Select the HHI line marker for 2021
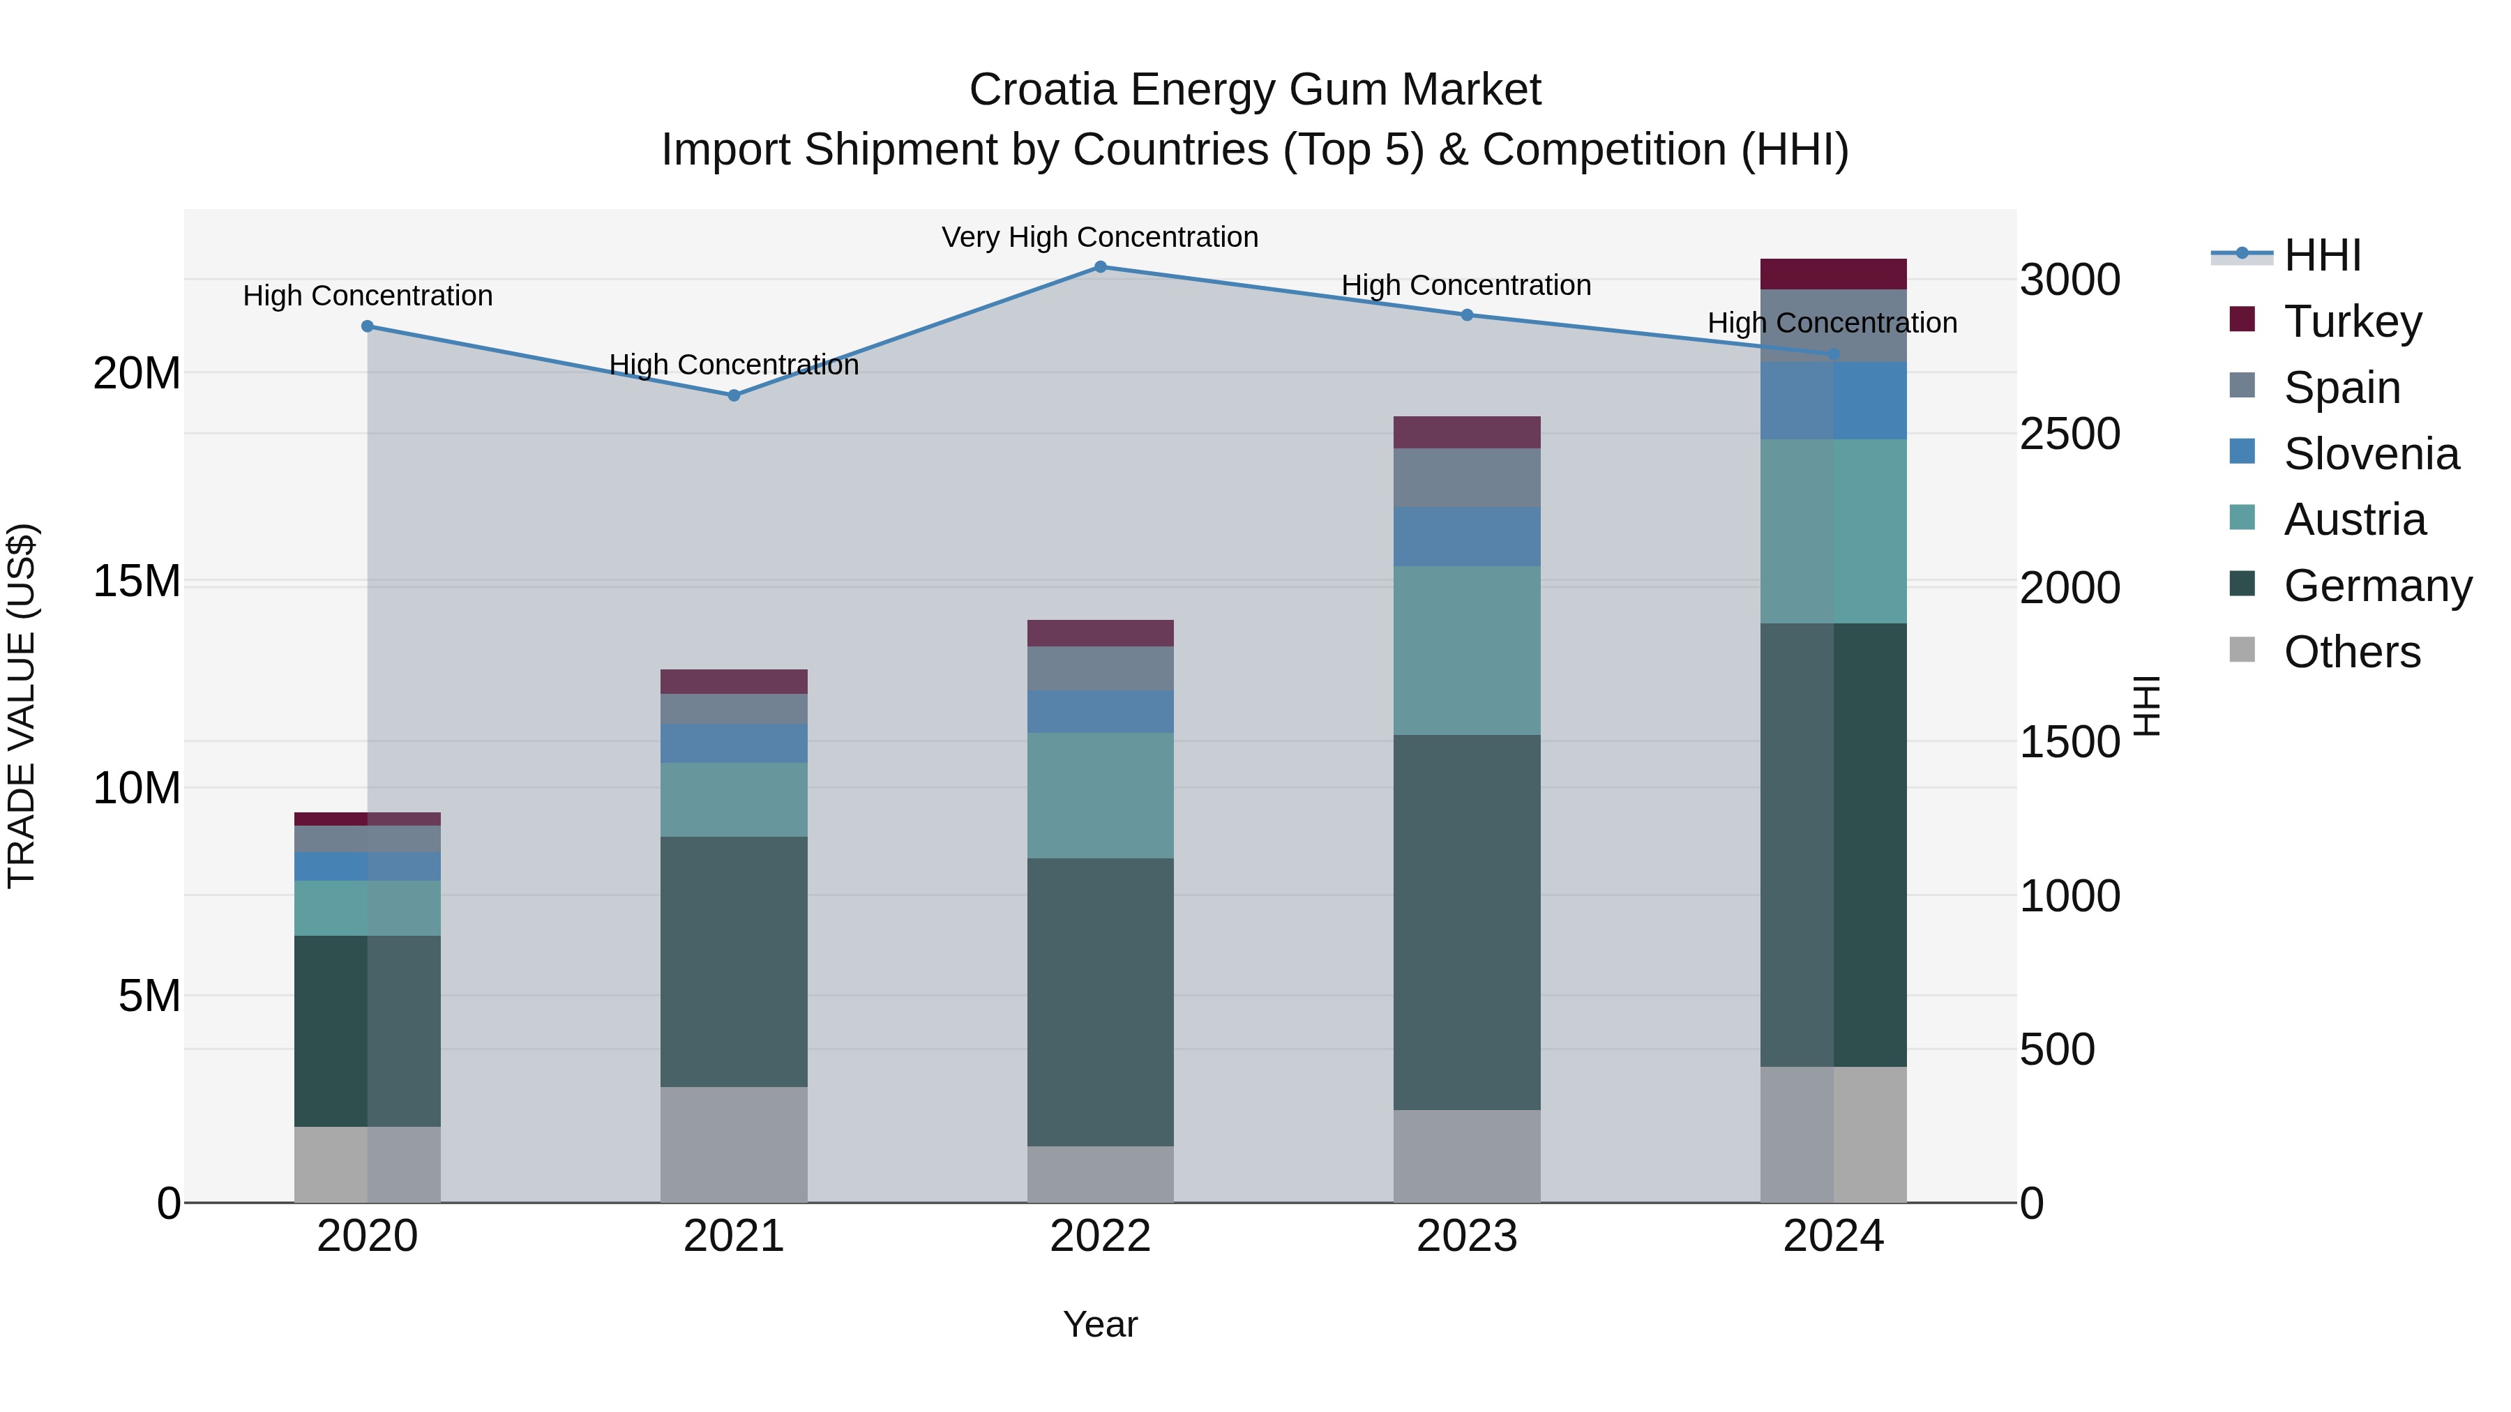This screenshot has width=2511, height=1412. click(x=734, y=395)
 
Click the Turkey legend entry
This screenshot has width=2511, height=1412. click(x=2351, y=321)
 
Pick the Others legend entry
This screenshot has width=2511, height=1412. click(x=2351, y=651)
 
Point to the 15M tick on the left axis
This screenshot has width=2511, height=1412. click(x=137, y=581)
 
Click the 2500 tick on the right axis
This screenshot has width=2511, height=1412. click(x=2069, y=434)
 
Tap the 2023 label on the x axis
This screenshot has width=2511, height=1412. click(x=1466, y=1236)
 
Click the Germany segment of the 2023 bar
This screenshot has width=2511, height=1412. click(x=1466, y=921)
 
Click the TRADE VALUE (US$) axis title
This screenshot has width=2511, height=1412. click(x=22, y=706)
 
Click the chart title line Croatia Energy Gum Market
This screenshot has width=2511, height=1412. click(x=1255, y=90)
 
